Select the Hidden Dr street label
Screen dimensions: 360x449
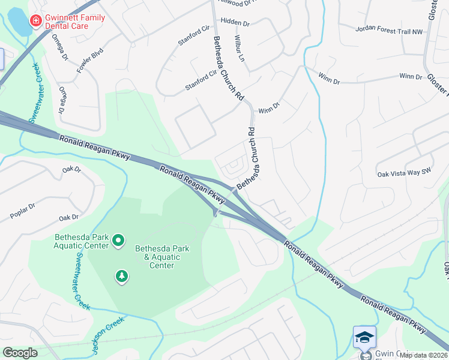point(235,22)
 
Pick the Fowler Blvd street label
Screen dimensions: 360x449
point(86,60)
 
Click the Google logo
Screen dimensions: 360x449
point(20,353)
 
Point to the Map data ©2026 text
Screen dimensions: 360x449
point(423,355)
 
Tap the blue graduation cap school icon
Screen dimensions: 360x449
point(364,337)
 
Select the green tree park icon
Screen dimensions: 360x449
point(122,276)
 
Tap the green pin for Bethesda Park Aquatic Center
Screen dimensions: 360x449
point(118,241)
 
